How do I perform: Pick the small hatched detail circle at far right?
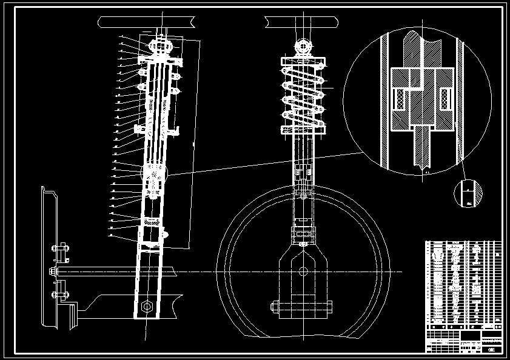468,194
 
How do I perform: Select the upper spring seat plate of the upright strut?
303,61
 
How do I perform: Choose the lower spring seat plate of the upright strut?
303,130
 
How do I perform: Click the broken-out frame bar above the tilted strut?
146,22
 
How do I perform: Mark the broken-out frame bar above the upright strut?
301,22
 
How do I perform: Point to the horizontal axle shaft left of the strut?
97,270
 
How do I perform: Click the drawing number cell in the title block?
492,348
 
